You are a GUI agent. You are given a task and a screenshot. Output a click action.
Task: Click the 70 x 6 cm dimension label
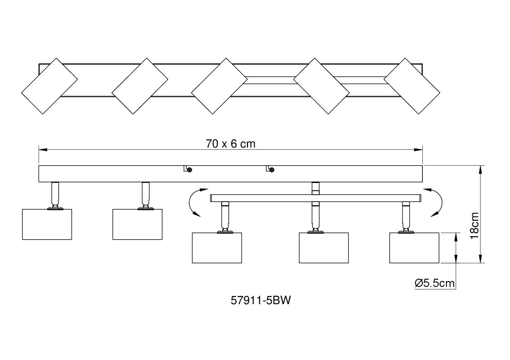tap(231, 143)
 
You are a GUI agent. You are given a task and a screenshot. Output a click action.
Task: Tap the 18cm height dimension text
tap(475, 226)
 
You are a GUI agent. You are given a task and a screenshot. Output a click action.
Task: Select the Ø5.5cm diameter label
tap(435, 283)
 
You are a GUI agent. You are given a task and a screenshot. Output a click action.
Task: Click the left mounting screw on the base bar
tap(190, 169)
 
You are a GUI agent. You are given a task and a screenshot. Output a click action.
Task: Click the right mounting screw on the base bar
tap(272, 169)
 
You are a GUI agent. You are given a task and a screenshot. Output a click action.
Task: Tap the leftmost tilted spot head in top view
tap(50, 86)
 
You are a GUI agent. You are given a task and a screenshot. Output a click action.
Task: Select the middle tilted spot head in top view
tap(219, 86)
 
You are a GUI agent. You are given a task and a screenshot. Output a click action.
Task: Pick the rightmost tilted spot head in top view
tap(412, 86)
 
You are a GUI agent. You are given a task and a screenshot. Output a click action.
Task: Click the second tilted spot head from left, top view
tap(140, 86)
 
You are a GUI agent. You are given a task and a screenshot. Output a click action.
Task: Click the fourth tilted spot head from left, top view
tap(322, 86)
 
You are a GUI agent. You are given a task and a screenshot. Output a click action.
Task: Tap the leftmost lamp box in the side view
tap(47, 224)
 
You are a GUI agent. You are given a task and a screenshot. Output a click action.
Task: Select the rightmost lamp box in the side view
tap(414, 248)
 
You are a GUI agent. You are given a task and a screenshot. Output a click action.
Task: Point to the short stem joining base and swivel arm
tap(315, 188)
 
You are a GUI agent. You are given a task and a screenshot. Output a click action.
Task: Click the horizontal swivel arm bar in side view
tap(316, 198)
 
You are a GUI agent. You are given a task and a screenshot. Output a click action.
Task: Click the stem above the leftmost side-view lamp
tap(55, 194)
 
